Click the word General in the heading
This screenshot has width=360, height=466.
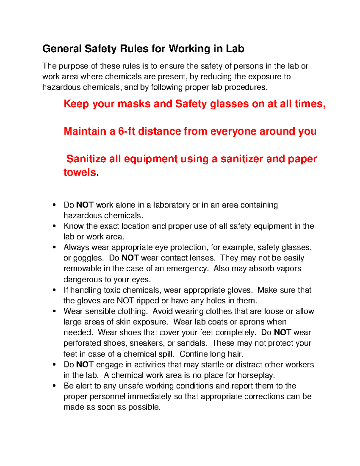(x=62, y=49)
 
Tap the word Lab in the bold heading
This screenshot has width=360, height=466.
(x=235, y=49)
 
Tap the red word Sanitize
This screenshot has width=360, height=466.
(x=86, y=159)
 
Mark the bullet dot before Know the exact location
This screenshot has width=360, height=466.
(x=54, y=226)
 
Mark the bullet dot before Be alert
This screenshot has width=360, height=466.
(x=54, y=386)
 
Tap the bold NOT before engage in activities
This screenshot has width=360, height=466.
(x=85, y=365)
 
